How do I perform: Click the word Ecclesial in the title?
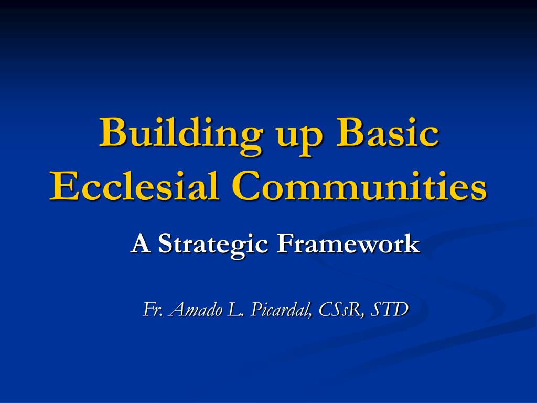click(134, 186)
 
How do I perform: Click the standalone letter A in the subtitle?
click(139, 243)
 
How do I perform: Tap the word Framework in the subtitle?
click(348, 243)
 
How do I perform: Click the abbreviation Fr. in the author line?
click(153, 310)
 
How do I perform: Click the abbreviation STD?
click(389, 310)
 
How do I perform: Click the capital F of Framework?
click(285, 243)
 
